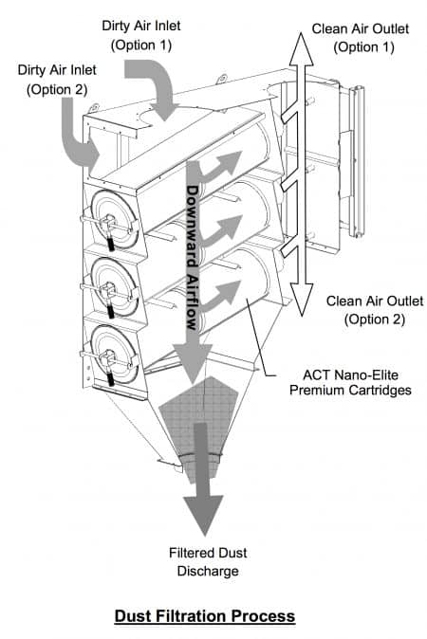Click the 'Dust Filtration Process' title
(204, 616)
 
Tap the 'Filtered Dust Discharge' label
(204, 562)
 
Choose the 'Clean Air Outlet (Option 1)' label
(362, 37)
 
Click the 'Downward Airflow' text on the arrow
(193, 256)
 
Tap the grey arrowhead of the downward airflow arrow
(194, 365)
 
